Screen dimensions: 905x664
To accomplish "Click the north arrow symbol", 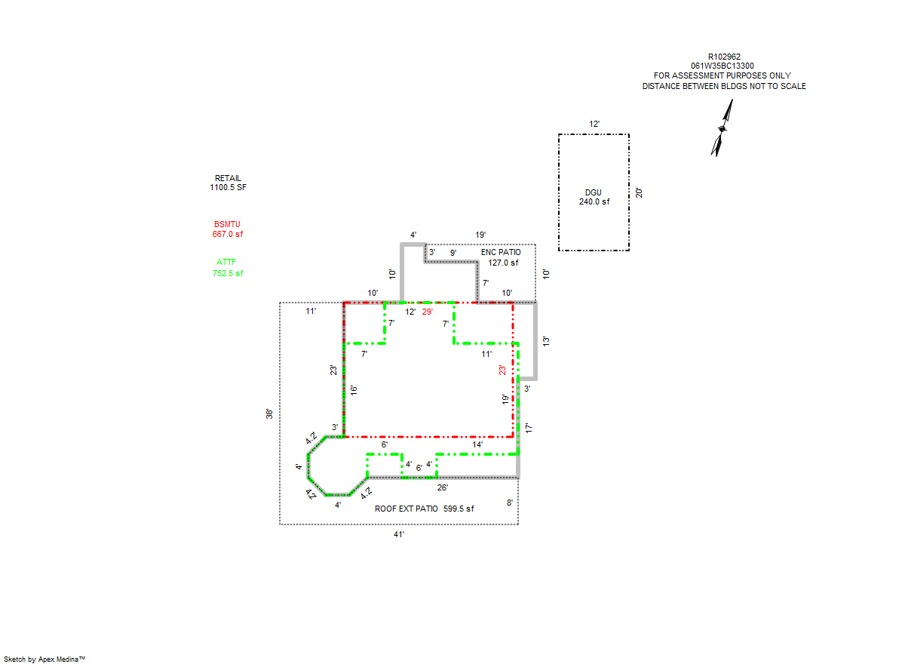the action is (722, 128).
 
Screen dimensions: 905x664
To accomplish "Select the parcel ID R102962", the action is (724, 57).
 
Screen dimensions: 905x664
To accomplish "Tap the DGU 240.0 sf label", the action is (594, 197).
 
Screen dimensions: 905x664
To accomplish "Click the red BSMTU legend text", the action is (228, 229).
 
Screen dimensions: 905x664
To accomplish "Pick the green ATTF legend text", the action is (228, 268).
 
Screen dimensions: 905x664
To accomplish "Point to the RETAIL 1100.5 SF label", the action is (228, 183).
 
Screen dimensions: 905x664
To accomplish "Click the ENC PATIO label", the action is (501, 252).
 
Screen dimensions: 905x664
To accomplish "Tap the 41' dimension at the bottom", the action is (399, 534).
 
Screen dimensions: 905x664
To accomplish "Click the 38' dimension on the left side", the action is (269, 413).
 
